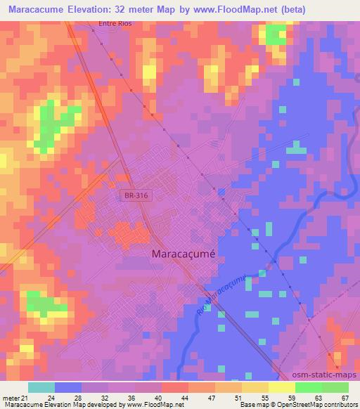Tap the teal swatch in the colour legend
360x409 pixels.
[x=41, y=387]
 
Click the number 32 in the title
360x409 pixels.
[x=136, y=9]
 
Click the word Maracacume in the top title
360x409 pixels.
[x=36, y=9]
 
